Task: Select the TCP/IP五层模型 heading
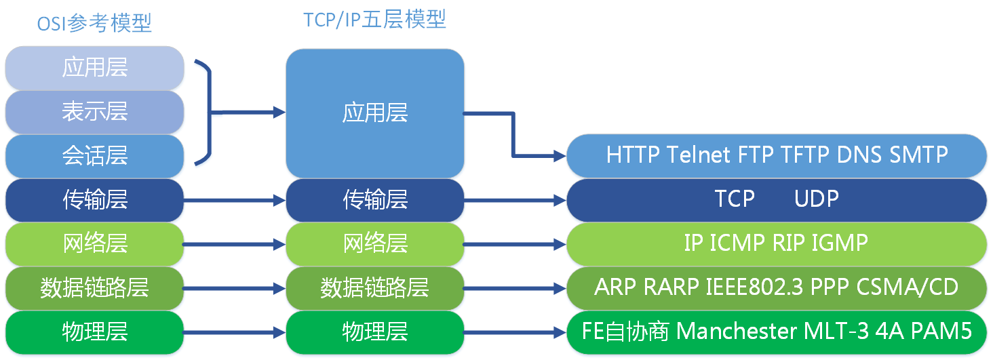(x=374, y=20)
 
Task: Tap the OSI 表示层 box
(x=94, y=112)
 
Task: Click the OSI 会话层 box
(x=94, y=156)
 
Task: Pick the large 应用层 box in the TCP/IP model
(x=374, y=113)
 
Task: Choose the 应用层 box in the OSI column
(x=94, y=68)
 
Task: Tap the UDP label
(x=817, y=199)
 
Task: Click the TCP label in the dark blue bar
(x=735, y=199)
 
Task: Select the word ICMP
(x=737, y=243)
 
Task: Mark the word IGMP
(x=840, y=243)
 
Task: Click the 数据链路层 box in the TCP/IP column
(x=374, y=288)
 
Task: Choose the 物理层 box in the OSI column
(x=94, y=332)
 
